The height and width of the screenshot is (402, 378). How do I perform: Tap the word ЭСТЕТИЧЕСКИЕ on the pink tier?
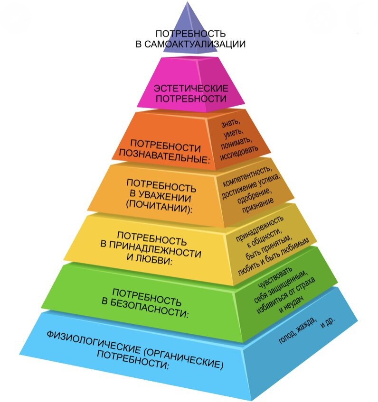[x=191, y=89]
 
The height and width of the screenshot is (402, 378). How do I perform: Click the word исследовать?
[x=239, y=153]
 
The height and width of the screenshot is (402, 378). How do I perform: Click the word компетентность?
[x=246, y=176]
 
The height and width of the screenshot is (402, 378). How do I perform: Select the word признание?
[x=257, y=205]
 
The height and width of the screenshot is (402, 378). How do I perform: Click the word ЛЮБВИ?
[x=149, y=259]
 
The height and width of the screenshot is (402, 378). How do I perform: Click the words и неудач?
[x=291, y=304]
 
